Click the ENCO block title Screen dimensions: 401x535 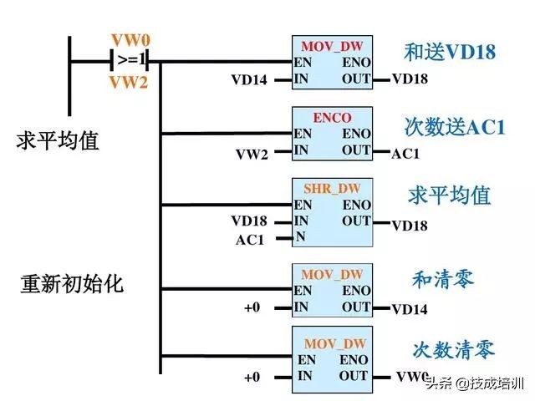(x=332, y=118)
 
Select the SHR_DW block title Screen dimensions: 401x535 (x=333, y=189)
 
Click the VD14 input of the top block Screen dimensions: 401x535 (x=249, y=80)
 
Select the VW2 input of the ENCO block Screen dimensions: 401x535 (x=252, y=154)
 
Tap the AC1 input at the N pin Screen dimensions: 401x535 (x=250, y=240)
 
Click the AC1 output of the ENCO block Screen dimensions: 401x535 (x=406, y=154)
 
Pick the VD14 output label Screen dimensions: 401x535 (x=410, y=309)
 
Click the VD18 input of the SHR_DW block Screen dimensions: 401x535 (x=249, y=221)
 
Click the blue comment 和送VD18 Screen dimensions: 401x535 (x=450, y=53)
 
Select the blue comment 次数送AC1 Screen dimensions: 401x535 (x=455, y=127)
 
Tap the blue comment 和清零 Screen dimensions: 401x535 (x=443, y=278)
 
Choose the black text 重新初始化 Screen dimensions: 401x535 (x=72, y=283)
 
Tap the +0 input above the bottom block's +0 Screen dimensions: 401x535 (x=252, y=307)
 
